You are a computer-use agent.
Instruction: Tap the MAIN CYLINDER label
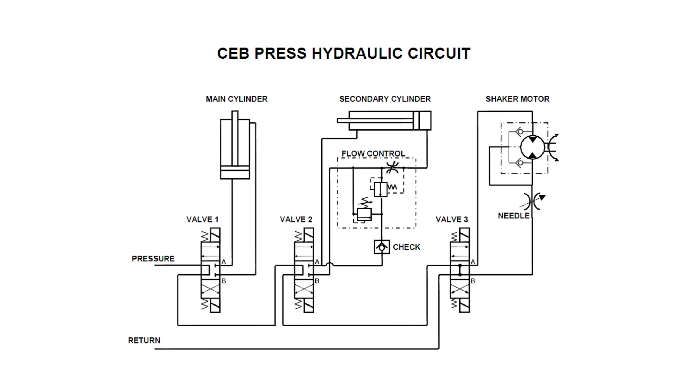click(x=236, y=99)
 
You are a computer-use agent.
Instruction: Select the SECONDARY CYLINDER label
click(x=385, y=99)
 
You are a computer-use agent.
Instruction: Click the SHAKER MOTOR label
click(x=517, y=99)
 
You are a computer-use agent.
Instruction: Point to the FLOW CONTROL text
click(x=373, y=154)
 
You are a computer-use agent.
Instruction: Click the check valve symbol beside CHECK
click(x=382, y=247)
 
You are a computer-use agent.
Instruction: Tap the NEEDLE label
click(x=513, y=216)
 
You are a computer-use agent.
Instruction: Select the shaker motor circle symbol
click(x=532, y=148)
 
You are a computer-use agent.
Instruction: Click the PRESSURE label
click(x=153, y=259)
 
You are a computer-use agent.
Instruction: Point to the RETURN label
click(x=144, y=341)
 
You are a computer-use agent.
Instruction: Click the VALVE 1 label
click(x=202, y=220)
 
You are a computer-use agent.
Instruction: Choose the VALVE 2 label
click(x=296, y=220)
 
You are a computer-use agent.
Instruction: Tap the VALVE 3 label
click(x=452, y=220)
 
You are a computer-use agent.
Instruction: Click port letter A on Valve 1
click(x=223, y=262)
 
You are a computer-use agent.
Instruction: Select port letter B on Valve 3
click(x=473, y=281)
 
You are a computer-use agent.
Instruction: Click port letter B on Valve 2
click(x=317, y=281)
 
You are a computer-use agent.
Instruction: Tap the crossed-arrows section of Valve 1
click(x=210, y=288)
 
